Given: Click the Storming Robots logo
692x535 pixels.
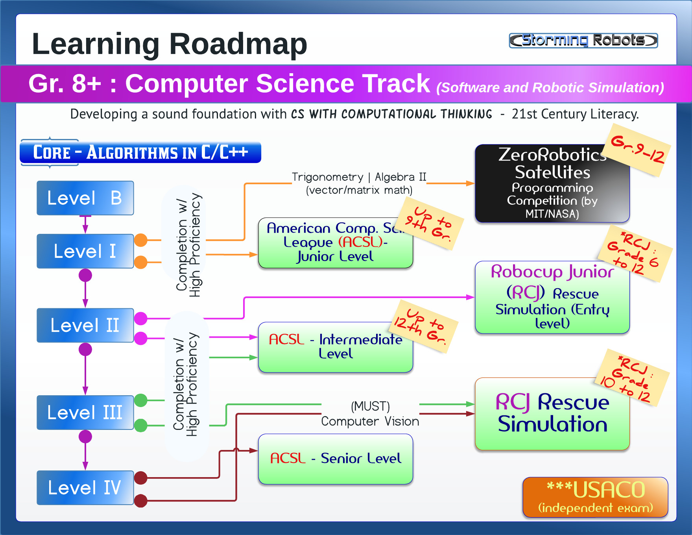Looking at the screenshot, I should pos(583,40).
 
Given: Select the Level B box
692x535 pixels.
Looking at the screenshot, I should pos(85,198).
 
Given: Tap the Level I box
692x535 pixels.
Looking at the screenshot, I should pos(85,251).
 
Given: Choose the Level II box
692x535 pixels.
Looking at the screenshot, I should pos(85,325).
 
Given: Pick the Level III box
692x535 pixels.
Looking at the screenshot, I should pos(85,412).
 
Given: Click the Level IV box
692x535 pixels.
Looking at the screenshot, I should pos(85,487).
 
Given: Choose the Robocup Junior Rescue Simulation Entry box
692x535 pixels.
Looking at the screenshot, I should pos(552,298).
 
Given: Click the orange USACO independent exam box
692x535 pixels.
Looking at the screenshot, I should pos(595,497).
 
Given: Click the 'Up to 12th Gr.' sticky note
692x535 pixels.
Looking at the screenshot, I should pos(425,326).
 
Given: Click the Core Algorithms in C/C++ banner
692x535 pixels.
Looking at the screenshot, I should pos(140,152).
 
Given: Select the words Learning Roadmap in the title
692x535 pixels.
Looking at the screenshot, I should pos(169,44).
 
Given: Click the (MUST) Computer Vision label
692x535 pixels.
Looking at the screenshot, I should pos(370,414).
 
